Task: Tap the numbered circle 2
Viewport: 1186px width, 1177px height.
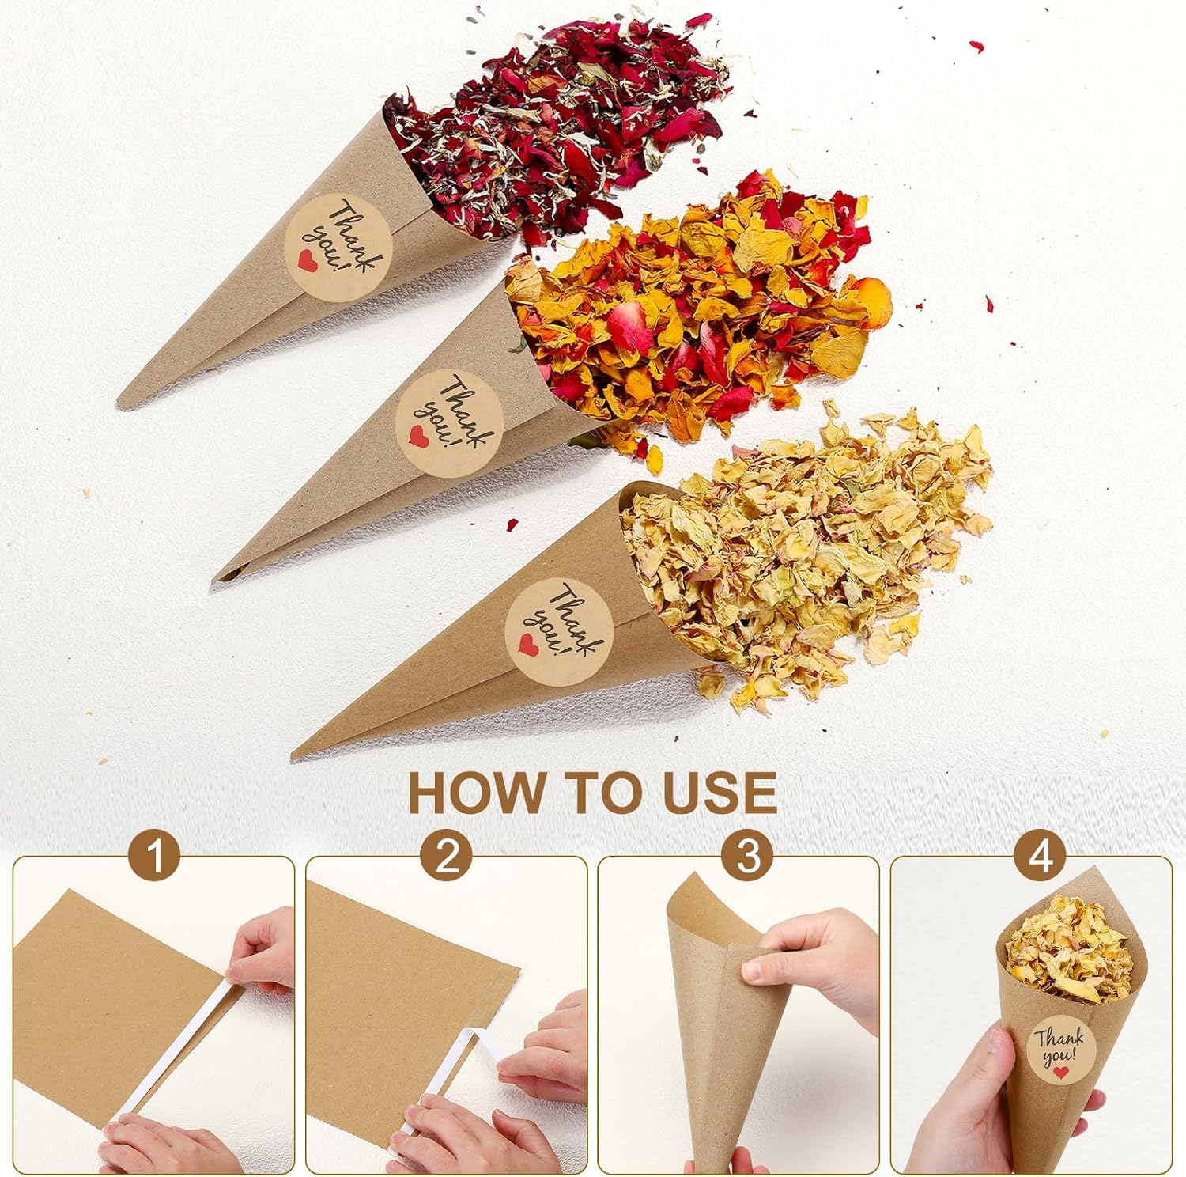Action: click(448, 857)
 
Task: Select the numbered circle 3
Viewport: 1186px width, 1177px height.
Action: click(747, 857)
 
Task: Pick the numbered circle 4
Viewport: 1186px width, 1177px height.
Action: click(1041, 857)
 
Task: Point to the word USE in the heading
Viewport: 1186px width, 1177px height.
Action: click(720, 793)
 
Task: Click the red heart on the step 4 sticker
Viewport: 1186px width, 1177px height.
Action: click(1061, 1073)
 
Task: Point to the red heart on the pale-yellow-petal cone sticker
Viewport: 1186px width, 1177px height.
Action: click(525, 645)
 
